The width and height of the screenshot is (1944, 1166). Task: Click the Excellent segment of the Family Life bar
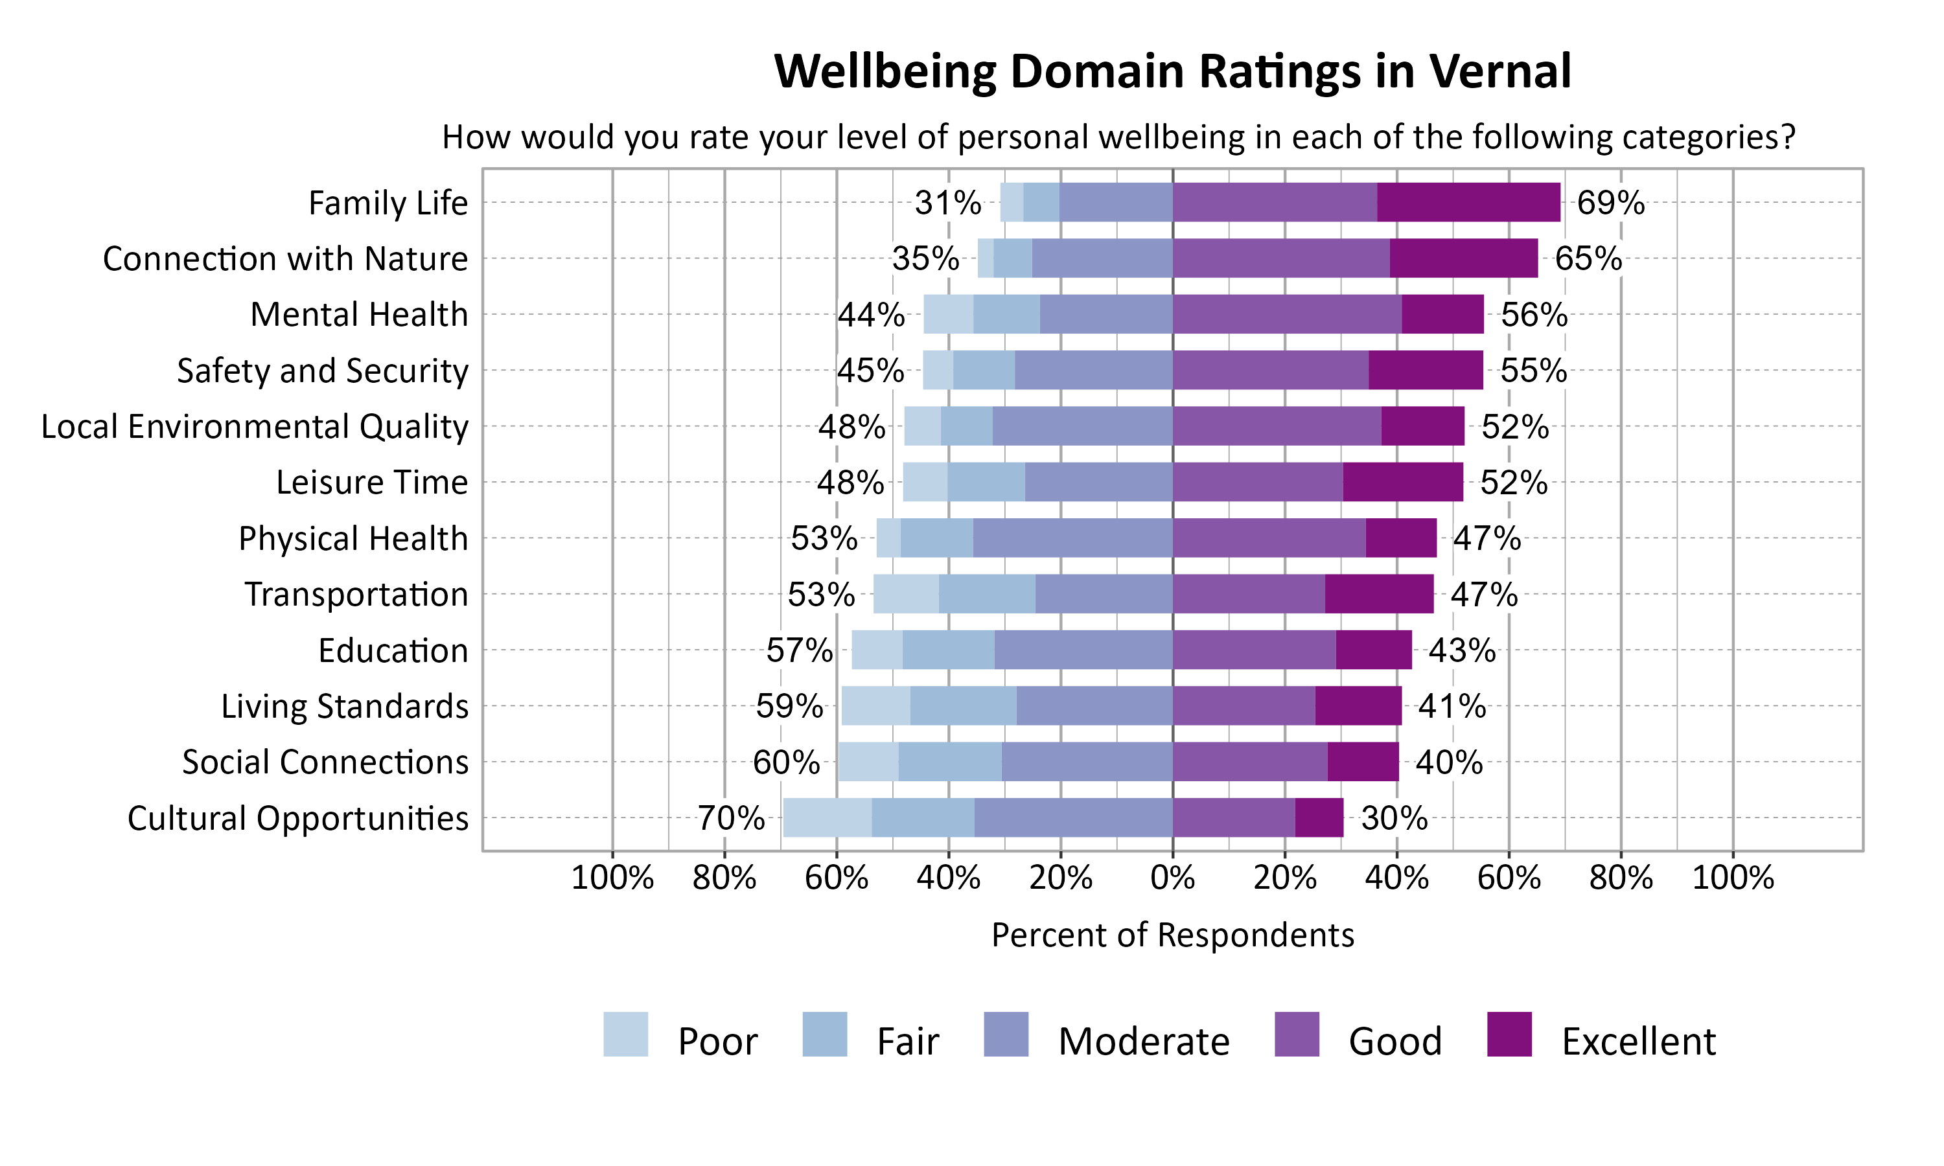point(1468,202)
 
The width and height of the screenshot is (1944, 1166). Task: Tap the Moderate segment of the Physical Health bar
point(1072,538)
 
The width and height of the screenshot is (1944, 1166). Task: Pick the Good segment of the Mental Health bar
point(1286,314)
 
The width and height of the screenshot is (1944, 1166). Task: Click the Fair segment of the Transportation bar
point(986,594)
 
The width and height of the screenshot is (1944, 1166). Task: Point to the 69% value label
point(1610,203)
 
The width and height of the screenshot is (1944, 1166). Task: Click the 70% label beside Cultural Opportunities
point(731,818)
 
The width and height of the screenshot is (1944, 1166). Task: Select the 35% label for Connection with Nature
point(925,258)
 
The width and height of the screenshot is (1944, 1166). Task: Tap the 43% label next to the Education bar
point(1461,650)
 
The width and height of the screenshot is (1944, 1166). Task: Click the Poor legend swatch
point(625,1034)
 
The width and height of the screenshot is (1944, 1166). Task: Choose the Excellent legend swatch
point(1509,1034)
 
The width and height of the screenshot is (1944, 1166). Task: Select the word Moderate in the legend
point(1143,1041)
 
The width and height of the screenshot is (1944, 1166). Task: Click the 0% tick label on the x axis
point(1172,878)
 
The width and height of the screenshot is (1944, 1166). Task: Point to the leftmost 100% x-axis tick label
point(612,878)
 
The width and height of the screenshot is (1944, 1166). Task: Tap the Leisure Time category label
point(372,483)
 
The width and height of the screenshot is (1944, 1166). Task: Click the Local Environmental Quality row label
point(255,427)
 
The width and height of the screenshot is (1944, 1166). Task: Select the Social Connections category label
point(325,762)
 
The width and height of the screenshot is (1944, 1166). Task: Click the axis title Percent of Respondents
point(1172,935)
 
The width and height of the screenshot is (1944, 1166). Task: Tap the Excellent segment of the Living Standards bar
point(1358,705)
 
